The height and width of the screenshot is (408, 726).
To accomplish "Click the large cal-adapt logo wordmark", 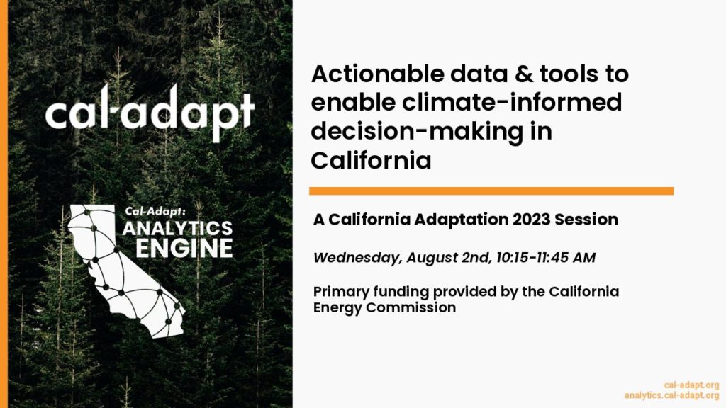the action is (x=150, y=113).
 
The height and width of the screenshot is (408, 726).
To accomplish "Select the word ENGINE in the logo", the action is (x=184, y=248).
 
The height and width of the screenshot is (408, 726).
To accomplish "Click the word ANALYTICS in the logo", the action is (x=177, y=228).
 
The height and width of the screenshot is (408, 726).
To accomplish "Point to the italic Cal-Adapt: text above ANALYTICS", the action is (x=155, y=211).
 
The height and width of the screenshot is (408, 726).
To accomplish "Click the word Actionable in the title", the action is (x=377, y=74).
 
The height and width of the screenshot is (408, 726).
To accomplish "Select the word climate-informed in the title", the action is (x=512, y=102).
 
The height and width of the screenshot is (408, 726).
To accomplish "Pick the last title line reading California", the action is (x=371, y=161).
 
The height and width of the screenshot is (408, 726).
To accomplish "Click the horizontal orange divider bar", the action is (x=491, y=191).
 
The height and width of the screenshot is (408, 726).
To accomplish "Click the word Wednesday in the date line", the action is (x=357, y=258).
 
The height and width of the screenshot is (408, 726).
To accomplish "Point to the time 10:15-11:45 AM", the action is (x=545, y=257).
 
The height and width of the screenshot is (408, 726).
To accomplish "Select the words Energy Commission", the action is (x=384, y=307).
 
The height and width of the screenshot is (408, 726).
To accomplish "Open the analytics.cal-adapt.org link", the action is (x=671, y=395).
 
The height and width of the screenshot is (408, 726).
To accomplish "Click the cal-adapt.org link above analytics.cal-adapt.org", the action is (x=691, y=385).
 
